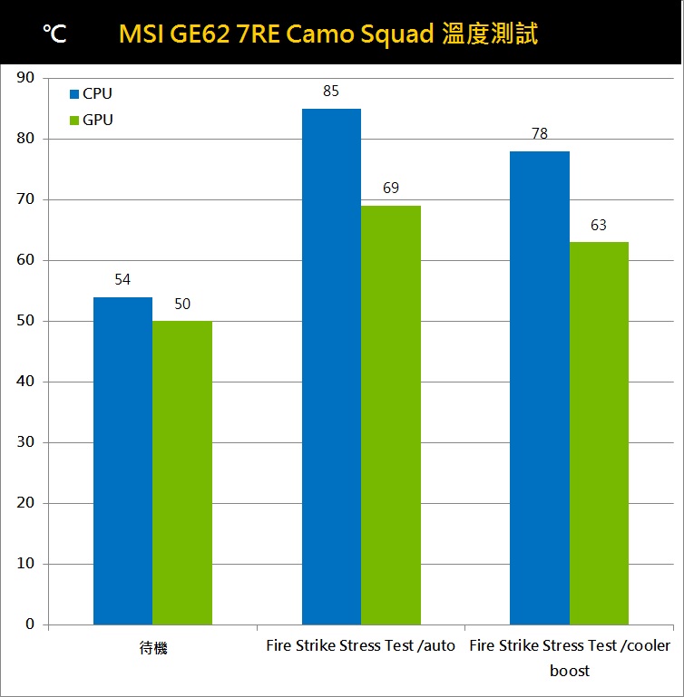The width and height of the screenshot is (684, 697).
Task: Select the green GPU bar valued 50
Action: (x=182, y=472)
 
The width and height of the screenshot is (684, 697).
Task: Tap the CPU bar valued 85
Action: (x=331, y=366)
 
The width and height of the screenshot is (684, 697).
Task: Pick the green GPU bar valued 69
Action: (x=391, y=415)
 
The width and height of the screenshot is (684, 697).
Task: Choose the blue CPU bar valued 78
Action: (x=540, y=388)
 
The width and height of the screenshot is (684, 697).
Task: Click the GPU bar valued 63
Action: (x=599, y=433)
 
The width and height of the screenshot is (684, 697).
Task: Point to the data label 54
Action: (x=122, y=280)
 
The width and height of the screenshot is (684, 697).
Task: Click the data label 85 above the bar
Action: (x=331, y=92)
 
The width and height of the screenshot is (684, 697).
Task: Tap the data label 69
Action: (x=391, y=189)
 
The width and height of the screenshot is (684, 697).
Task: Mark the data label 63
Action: (x=599, y=225)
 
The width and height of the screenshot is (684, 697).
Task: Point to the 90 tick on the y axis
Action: (x=26, y=78)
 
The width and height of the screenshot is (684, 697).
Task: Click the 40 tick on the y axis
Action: (x=26, y=382)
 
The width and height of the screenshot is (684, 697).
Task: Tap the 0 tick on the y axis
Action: (x=30, y=624)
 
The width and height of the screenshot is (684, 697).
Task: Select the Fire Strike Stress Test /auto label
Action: (x=361, y=646)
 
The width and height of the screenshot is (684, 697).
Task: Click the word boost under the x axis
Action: (x=570, y=672)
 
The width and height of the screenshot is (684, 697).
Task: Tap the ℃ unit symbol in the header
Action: (x=54, y=34)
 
